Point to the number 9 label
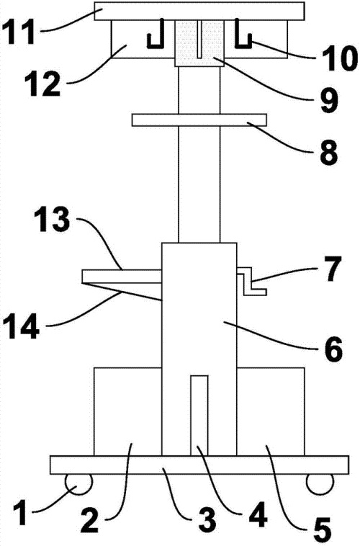tap(328, 100)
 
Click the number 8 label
tap(328, 153)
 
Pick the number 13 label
tap(53, 220)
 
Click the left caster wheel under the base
tap(80, 484)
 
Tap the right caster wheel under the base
tap(320, 484)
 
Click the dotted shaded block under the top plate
tap(199, 43)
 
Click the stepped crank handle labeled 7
tap(252, 281)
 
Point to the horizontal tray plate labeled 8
tap(199, 120)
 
